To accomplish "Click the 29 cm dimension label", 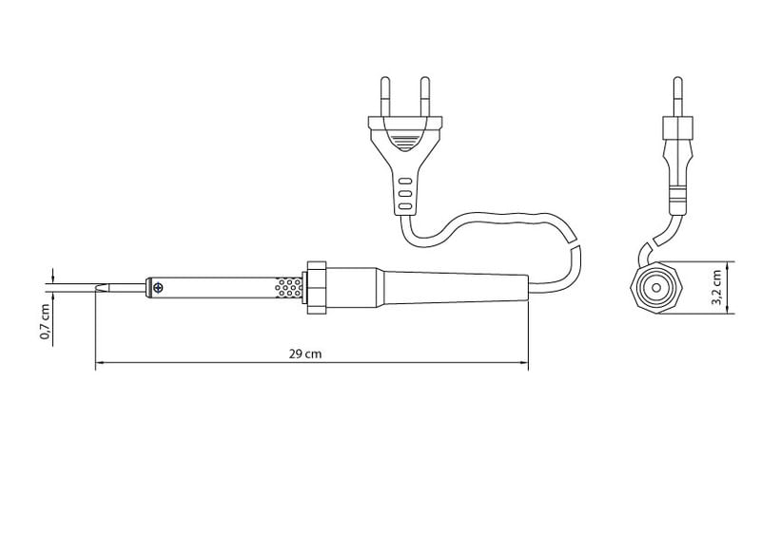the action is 305,354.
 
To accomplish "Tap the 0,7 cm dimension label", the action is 45,321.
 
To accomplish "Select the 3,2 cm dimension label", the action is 716,288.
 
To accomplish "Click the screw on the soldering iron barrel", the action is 158,288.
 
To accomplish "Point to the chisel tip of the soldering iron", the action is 103,288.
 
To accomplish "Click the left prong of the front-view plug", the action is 385,96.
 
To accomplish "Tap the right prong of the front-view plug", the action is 425,96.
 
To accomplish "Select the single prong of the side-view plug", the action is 678,96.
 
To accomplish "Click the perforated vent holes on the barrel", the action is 288,288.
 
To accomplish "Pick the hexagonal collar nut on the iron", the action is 317,288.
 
